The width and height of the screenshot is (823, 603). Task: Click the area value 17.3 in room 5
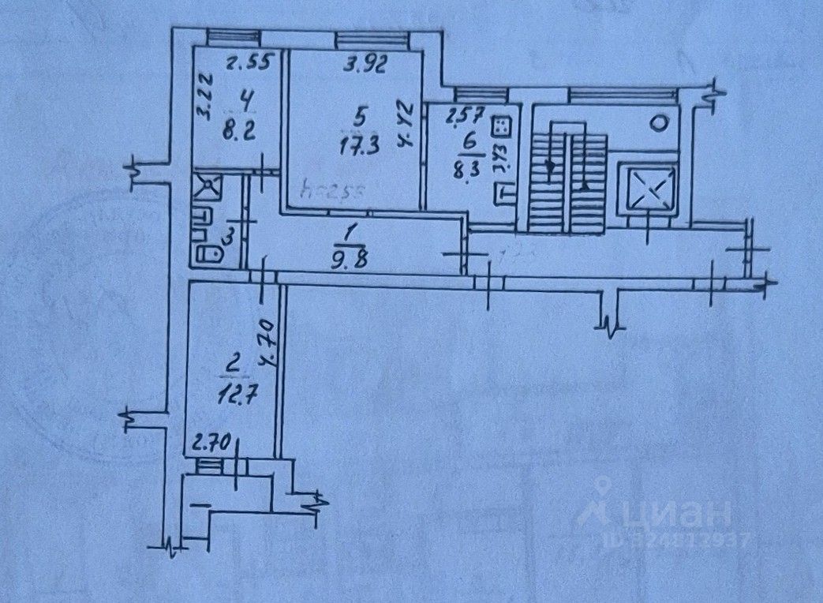(x=360, y=145)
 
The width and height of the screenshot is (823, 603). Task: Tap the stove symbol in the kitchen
(x=501, y=125)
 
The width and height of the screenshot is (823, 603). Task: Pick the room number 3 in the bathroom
(x=229, y=235)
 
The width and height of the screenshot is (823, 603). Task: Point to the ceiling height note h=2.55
(x=326, y=191)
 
